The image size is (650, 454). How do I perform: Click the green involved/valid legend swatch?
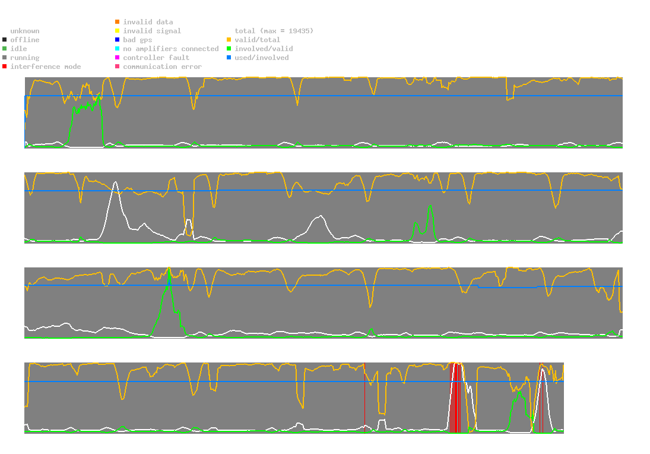click(229, 49)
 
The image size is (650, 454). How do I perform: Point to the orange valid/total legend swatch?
click(229, 40)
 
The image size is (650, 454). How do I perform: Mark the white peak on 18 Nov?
click(115, 182)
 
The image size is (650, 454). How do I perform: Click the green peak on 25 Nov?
click(169, 269)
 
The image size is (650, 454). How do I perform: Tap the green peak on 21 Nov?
click(430, 206)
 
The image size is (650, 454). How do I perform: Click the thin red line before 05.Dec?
click(364, 398)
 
